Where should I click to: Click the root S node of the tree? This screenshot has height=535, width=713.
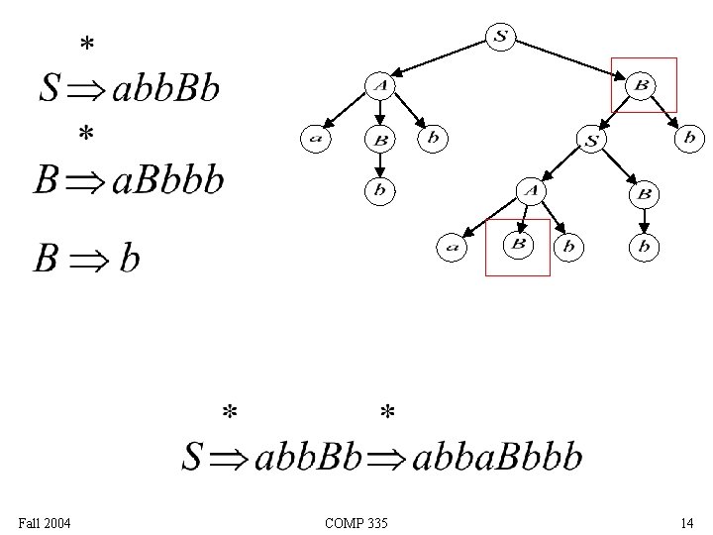[x=500, y=38]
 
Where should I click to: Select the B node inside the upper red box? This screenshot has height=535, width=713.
[x=641, y=86]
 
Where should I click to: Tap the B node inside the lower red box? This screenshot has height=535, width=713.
[x=518, y=244]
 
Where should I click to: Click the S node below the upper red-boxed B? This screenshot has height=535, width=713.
[x=591, y=141]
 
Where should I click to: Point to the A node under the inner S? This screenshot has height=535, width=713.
[x=533, y=190]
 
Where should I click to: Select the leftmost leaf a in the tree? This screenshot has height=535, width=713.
[x=316, y=139]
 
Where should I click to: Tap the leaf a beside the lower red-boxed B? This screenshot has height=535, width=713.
[x=453, y=247]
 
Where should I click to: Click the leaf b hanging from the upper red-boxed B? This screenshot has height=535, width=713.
[x=689, y=138]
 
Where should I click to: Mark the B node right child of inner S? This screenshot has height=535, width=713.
[x=644, y=193]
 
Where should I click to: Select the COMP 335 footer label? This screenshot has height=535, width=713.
[x=356, y=522]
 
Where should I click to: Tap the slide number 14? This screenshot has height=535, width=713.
[x=686, y=522]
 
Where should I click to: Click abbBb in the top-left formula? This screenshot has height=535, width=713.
[x=166, y=89]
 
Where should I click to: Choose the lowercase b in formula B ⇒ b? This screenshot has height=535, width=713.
[x=129, y=260]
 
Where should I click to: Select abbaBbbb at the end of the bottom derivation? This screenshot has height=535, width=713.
[x=496, y=457]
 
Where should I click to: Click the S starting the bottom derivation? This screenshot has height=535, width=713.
[x=193, y=457]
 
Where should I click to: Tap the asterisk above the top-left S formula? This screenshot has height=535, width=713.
[x=87, y=45]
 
